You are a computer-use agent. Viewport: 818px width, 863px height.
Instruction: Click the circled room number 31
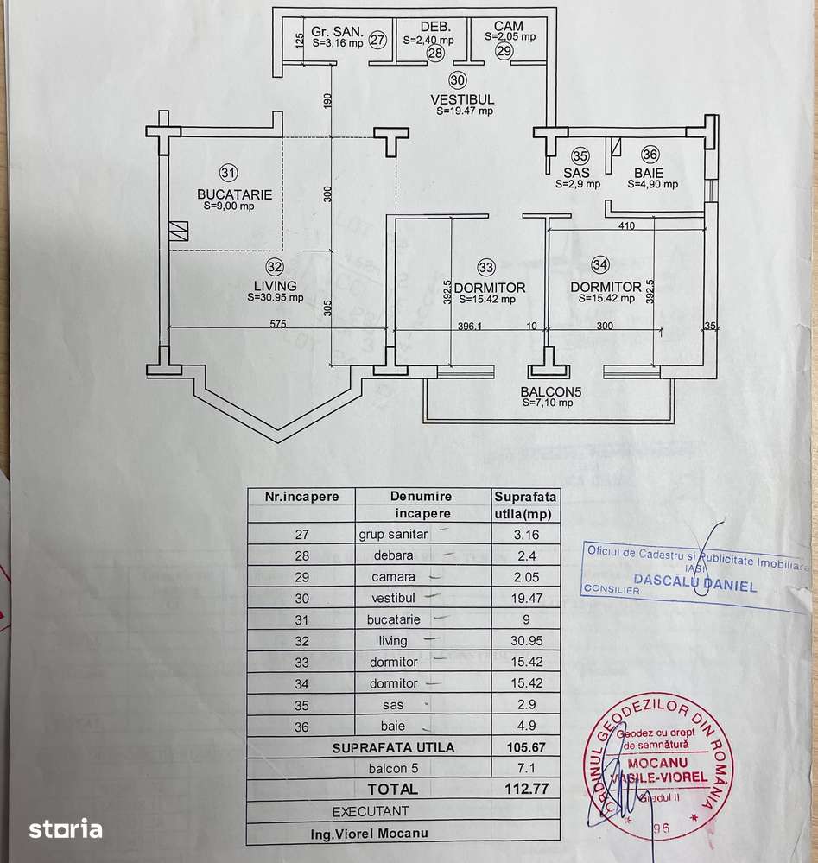tap(228, 170)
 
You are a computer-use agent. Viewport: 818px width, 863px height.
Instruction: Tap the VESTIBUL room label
tap(462, 99)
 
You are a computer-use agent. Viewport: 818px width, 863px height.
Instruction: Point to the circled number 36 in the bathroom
tap(650, 155)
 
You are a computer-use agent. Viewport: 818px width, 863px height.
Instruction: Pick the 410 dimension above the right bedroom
tap(627, 226)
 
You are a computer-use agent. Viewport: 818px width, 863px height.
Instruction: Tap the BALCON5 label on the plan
tap(551, 391)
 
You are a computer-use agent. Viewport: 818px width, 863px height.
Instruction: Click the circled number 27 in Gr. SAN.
tap(377, 39)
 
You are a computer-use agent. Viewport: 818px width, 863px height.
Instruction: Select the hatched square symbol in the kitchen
tap(179, 230)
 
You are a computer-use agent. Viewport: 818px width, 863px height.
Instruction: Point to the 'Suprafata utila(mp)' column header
tap(525, 504)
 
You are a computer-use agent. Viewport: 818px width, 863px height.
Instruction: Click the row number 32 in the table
tap(301, 641)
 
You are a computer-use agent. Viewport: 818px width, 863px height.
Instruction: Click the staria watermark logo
tap(67, 830)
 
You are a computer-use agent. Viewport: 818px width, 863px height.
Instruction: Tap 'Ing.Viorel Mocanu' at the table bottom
tap(370, 834)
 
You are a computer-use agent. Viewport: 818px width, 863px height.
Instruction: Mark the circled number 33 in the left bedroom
tap(486, 267)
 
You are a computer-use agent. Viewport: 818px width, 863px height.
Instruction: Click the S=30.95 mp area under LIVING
tap(275, 297)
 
